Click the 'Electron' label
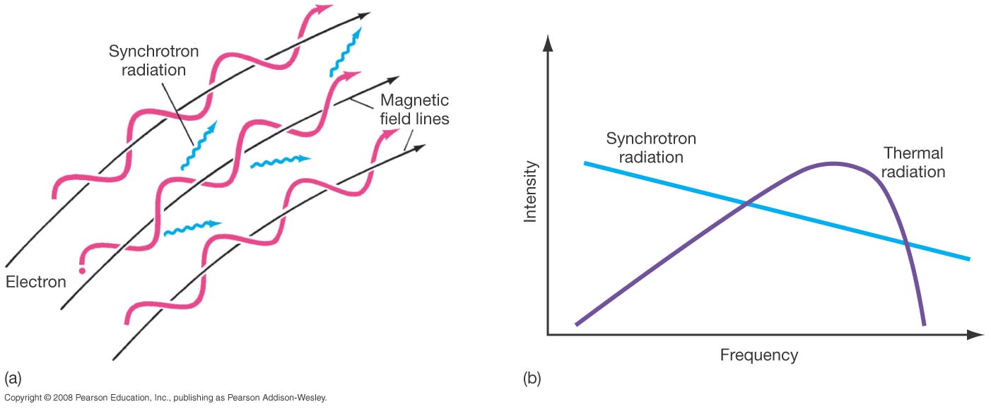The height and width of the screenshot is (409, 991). (35, 282)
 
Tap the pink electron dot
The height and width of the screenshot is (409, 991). (82, 270)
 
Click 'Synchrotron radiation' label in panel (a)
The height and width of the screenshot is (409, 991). (147, 61)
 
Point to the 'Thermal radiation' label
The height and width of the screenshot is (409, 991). (913, 162)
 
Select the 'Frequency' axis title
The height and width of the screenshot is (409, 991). (758, 355)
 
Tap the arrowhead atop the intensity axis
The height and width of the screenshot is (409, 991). (547, 44)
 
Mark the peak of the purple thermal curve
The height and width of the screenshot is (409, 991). (834, 164)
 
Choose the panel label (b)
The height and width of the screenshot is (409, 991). (532, 378)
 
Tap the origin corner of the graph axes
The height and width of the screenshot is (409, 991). (548, 335)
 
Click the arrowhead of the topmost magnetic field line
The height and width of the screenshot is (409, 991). (365, 15)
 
